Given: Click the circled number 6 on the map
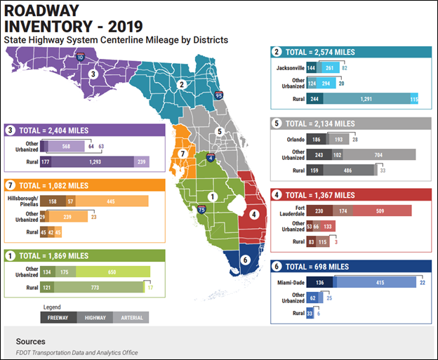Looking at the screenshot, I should [244, 259].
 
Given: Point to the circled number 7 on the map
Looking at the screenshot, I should [182, 154].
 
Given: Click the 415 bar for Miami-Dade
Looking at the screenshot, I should [380, 283].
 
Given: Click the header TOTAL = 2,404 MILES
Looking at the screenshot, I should [50, 129].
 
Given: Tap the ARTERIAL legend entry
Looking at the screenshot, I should [131, 317].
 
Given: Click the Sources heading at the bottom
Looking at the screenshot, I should [31, 341].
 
